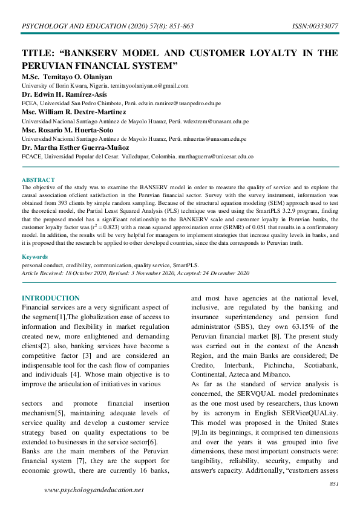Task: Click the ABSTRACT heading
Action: (x=38, y=180)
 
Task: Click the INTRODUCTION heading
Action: (x=50, y=298)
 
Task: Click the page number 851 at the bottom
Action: (x=333, y=484)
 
